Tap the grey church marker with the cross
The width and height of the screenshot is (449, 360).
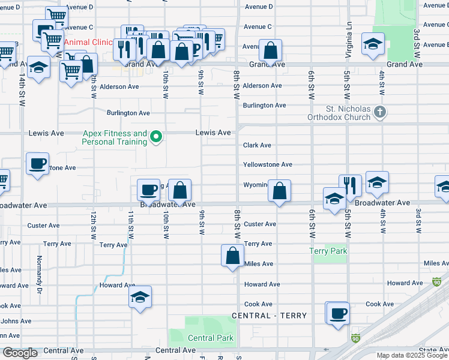tap(379, 112)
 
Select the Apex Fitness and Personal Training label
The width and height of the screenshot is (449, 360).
tap(114, 137)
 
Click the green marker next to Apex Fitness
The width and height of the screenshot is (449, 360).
tap(156, 137)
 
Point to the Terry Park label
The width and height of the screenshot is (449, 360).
tap(328, 251)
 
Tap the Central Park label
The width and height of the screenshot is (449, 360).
tap(211, 338)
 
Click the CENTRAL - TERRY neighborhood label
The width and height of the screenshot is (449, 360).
tap(270, 316)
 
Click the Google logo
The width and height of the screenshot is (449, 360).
tap(19, 353)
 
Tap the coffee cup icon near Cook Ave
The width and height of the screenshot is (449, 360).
tap(338, 313)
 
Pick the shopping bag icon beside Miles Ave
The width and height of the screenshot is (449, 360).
tap(232, 256)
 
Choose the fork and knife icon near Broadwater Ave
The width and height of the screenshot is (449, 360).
tap(350, 185)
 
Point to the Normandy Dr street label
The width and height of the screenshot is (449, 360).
tap(40, 267)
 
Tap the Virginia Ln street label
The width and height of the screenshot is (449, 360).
tap(348, 41)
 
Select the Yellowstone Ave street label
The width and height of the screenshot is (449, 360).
tap(268, 164)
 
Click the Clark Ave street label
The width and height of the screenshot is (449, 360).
tap(258, 145)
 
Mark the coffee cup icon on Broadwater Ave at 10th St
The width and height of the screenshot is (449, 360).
tap(149, 190)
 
